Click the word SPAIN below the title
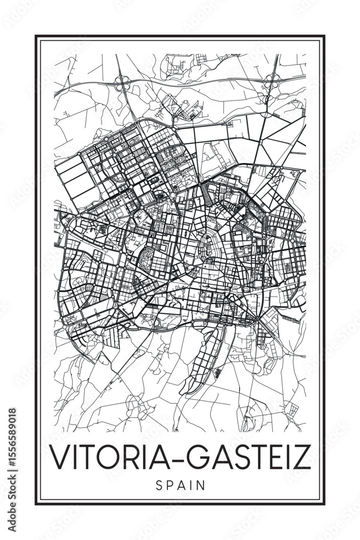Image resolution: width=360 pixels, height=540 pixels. click(180, 485)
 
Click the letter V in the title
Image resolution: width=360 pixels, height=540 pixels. click(59, 457)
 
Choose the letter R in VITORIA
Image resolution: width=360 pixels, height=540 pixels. click(138, 457)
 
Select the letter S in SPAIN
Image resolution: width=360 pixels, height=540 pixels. click(159, 485)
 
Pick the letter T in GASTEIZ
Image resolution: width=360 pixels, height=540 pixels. click(253, 457)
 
